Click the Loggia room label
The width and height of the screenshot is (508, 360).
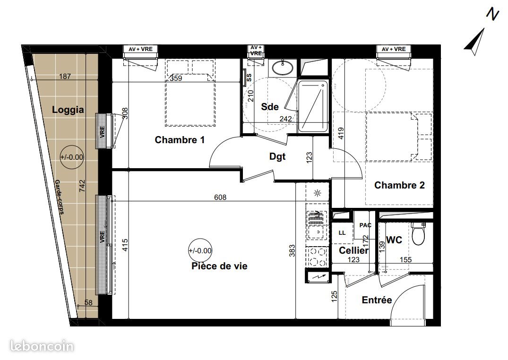[x=68, y=110]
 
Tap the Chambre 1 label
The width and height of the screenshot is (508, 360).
[x=179, y=140]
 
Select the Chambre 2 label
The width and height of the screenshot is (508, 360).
[x=399, y=185]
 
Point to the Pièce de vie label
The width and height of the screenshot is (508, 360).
[x=219, y=266]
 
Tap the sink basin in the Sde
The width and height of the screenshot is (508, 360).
[x=283, y=68]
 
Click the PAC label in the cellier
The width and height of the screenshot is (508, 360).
[x=365, y=226]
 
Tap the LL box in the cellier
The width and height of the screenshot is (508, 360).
[x=342, y=233]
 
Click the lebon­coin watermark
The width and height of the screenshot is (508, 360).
[x=37, y=346]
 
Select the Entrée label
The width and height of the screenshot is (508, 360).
[x=377, y=300]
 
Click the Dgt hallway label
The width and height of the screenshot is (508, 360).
[x=277, y=157]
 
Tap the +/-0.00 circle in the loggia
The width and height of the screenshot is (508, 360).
[x=71, y=157]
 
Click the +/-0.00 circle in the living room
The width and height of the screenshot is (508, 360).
[x=200, y=251]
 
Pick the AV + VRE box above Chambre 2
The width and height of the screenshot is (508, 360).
[x=393, y=49]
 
